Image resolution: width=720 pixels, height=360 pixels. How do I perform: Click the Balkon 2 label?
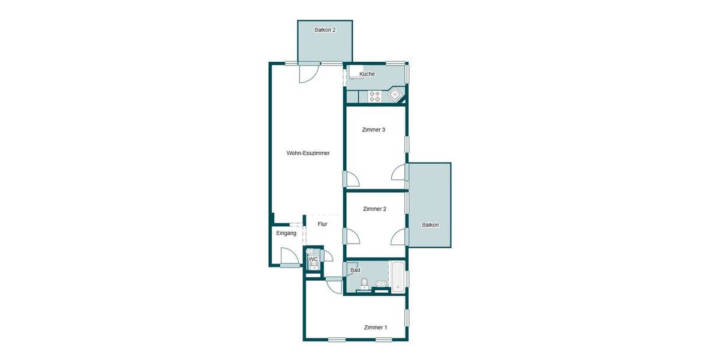(x=325, y=29)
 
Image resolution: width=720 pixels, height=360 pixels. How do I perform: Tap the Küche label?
(x=367, y=74)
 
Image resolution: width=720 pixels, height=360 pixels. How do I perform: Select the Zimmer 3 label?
(x=373, y=130)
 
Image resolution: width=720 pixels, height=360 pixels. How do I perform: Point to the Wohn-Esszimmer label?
(x=308, y=153)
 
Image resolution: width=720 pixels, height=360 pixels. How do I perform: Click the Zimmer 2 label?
(x=374, y=209)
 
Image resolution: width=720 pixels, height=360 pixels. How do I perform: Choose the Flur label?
(x=322, y=224)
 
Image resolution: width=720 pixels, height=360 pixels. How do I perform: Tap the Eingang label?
(x=286, y=233)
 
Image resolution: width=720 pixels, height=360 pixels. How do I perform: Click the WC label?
(x=313, y=259)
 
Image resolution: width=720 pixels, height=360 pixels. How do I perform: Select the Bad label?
(x=355, y=271)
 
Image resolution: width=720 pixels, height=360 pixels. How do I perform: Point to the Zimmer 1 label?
(x=376, y=327)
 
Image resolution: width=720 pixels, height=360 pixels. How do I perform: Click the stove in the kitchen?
(x=375, y=96)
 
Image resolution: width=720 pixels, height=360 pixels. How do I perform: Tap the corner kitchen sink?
(x=395, y=94)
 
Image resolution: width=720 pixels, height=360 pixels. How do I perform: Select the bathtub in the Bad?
(x=398, y=278)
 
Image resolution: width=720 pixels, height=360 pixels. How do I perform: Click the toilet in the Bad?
(x=364, y=283)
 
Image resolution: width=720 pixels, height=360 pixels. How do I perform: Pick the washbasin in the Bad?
(x=380, y=284)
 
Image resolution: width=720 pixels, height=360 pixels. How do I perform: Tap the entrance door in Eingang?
(x=290, y=256)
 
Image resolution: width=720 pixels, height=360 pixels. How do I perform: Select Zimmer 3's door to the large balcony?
(x=398, y=173)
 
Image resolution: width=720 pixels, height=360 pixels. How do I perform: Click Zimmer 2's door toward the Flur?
(x=352, y=236)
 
